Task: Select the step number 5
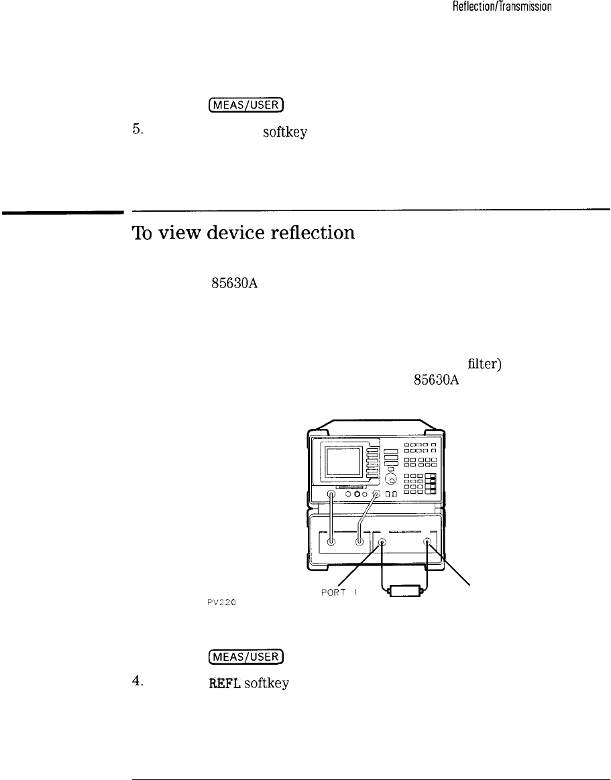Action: click(x=137, y=131)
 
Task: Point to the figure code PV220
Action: click(x=218, y=601)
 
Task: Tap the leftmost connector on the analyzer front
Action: click(x=331, y=495)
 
